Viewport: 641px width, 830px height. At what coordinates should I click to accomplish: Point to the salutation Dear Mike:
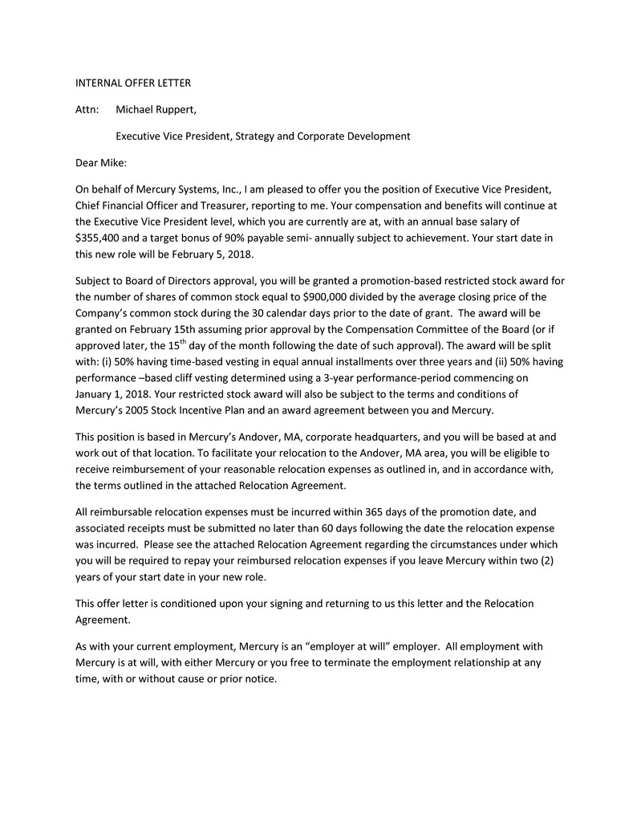click(x=101, y=163)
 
